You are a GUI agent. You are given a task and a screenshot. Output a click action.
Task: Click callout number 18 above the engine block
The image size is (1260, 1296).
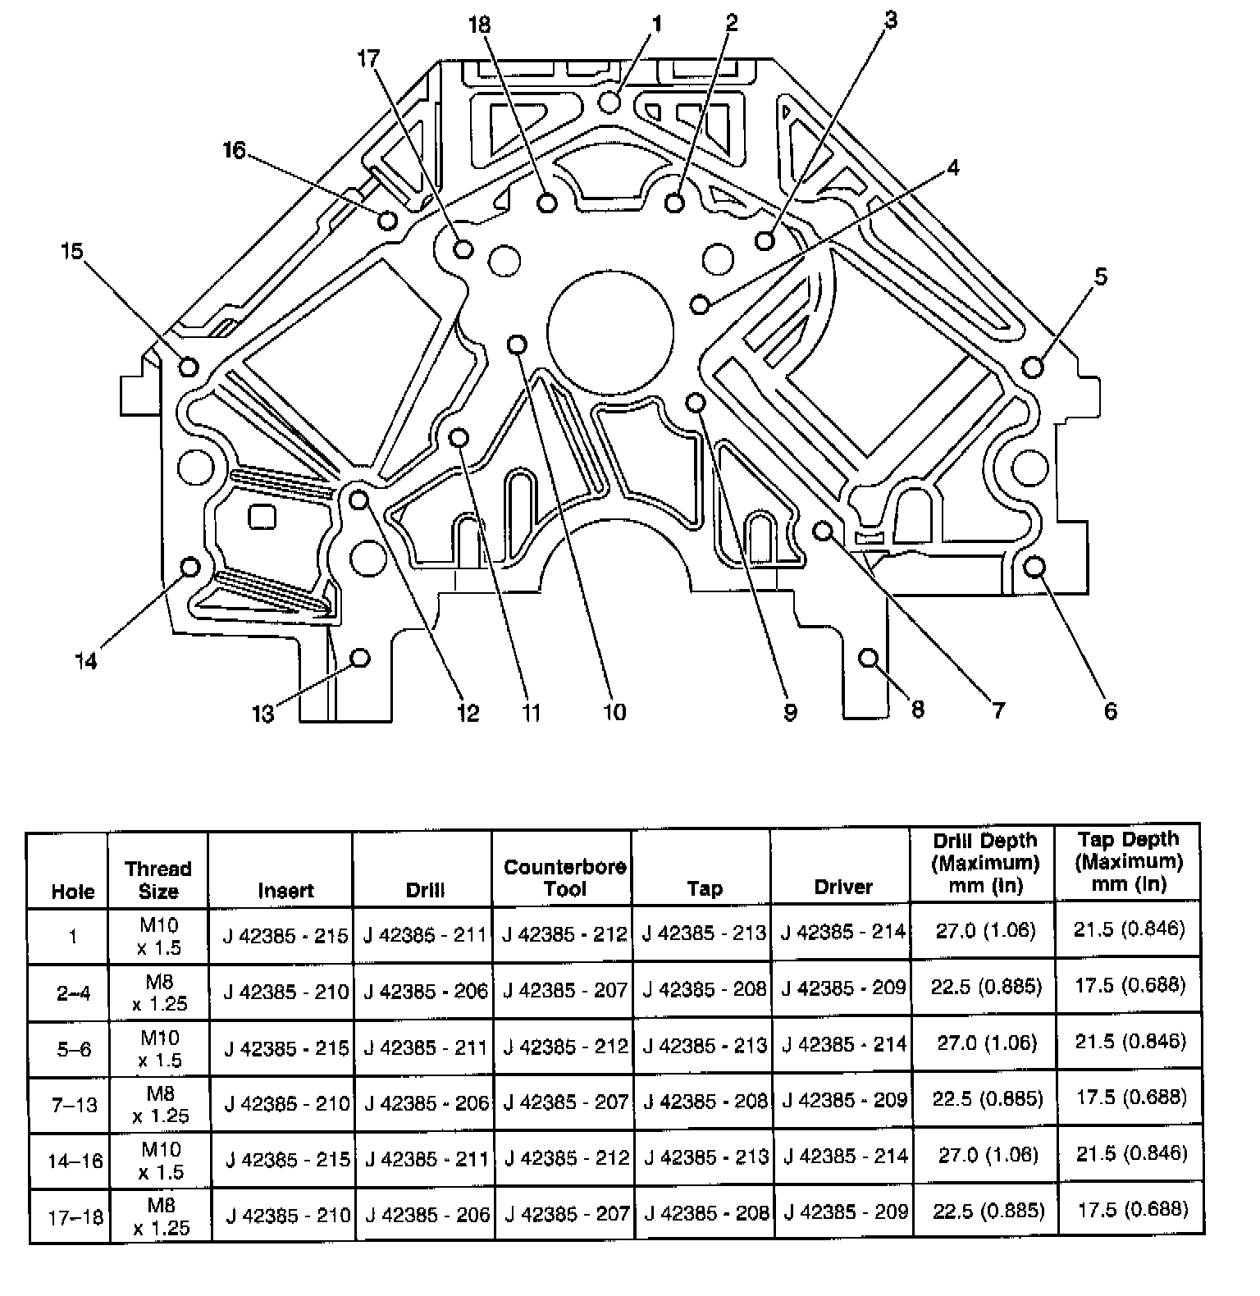pos(479,25)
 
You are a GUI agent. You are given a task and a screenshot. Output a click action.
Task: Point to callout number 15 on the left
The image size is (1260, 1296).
pos(72,250)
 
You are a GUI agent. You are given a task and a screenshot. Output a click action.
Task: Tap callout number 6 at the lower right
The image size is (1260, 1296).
pos(1110,710)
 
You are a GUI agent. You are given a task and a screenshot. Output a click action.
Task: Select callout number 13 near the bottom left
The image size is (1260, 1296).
pos(262,714)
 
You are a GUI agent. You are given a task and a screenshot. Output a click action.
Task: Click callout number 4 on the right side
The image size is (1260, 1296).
pos(952,168)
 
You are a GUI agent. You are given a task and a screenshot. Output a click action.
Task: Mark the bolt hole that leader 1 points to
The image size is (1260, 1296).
pos(609,102)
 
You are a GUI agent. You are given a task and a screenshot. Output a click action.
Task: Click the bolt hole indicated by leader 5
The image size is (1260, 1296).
pos(1034,366)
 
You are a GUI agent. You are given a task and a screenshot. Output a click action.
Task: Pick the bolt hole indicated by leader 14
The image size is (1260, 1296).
pos(190,567)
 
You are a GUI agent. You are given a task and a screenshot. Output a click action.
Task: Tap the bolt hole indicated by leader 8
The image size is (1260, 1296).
pos(869,658)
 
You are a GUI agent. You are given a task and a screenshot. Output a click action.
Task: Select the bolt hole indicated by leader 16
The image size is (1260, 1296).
pos(388,220)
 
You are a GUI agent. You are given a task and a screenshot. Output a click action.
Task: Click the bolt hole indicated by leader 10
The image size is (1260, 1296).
pos(517,344)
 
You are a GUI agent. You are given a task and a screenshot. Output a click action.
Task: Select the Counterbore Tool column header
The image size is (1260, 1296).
pos(564,878)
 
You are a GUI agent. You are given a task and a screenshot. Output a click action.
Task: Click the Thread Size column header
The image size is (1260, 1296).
pos(157,879)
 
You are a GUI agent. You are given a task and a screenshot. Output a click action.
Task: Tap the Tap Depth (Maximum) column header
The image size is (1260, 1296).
pos(1129,861)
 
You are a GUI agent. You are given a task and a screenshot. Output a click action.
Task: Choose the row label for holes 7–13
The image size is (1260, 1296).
pos(74,1105)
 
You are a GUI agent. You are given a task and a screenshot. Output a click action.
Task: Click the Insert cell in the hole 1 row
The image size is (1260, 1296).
pos(285,935)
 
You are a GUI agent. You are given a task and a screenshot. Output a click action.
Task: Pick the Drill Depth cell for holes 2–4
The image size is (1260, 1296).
pos(986,986)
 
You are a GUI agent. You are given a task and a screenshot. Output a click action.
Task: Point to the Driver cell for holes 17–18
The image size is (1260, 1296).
pos(845,1212)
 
